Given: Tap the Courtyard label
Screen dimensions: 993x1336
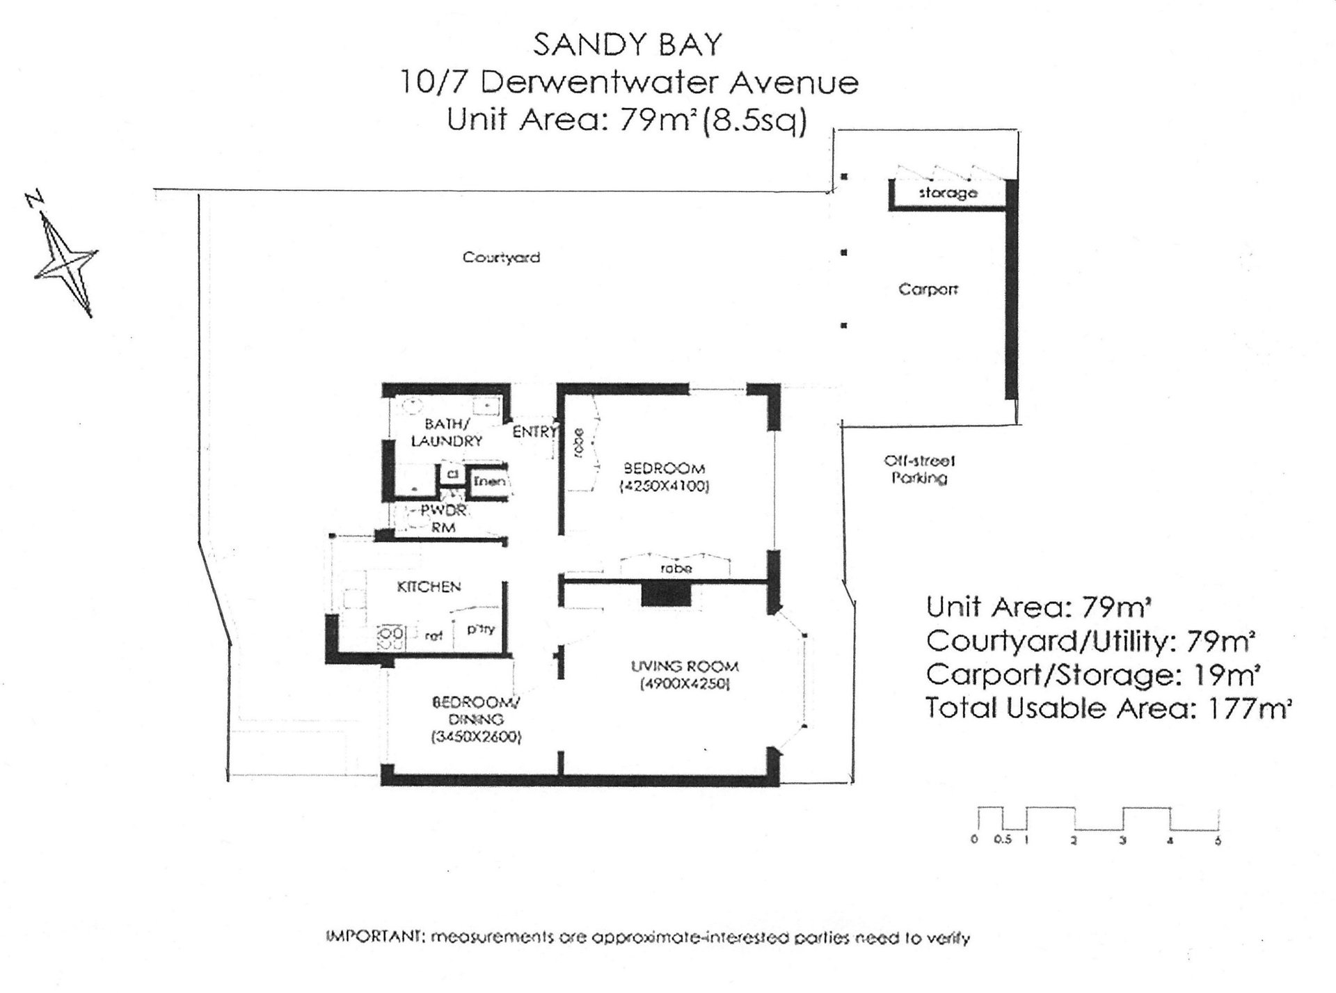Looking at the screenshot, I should (501, 257).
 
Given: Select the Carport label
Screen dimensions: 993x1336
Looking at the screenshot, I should (928, 289).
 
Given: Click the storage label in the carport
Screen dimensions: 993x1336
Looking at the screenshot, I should (948, 193).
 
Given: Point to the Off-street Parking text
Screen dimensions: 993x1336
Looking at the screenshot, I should (919, 470).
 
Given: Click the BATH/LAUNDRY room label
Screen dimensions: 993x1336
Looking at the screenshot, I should (446, 432).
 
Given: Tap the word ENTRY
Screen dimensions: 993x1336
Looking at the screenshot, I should (534, 432).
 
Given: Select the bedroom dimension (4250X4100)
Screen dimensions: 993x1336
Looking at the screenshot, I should (664, 486).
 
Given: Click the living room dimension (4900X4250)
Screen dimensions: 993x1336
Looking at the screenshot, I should (685, 684).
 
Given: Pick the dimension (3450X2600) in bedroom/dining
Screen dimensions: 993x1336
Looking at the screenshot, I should (477, 737).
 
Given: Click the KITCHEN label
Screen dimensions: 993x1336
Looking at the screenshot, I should (429, 587).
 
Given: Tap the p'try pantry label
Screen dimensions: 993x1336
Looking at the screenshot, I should (480, 629).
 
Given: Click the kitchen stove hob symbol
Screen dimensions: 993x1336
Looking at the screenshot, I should (390, 635).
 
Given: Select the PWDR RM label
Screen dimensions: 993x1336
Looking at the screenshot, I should (443, 519).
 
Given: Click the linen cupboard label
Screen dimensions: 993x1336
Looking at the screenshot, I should (489, 481).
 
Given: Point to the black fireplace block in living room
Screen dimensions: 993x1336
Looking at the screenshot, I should (665, 595).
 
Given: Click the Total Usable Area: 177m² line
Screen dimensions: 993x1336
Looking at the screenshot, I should (1108, 708).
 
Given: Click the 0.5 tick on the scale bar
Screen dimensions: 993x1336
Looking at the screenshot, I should (1002, 840).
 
